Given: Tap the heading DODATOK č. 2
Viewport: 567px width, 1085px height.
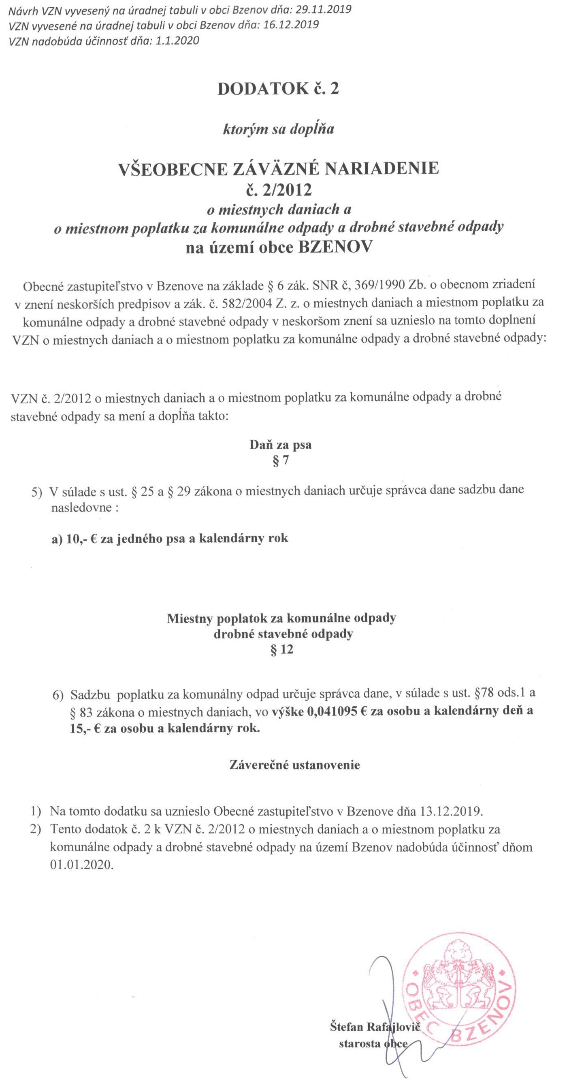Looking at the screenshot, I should click(278, 89).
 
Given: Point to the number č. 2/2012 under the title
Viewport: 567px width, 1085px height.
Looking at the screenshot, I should click(279, 190).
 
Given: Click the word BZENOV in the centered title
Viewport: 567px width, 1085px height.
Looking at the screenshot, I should click(335, 247).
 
